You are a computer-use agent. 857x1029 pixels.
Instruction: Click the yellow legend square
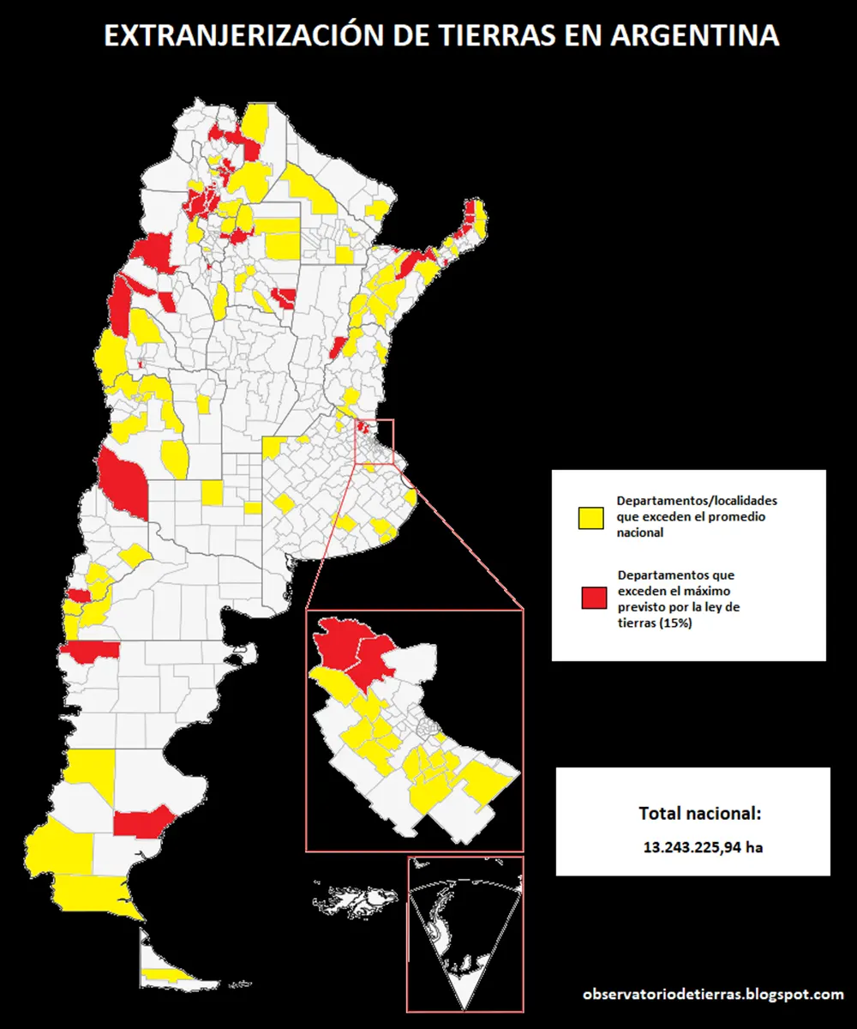(590, 518)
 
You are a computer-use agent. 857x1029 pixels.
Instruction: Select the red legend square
(590, 598)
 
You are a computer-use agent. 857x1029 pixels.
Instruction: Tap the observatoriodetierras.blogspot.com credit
(712, 995)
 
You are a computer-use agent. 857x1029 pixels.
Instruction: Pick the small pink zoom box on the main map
(374, 442)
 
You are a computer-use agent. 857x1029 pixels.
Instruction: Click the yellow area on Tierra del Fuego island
(167, 975)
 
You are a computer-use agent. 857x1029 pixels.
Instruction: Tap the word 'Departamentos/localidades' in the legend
(697, 499)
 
